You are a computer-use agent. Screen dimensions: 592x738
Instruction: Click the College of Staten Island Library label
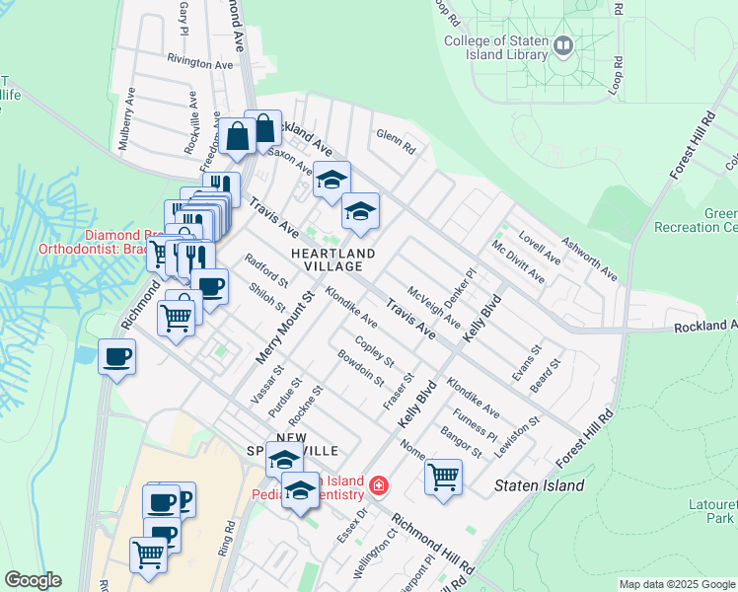coord(495,47)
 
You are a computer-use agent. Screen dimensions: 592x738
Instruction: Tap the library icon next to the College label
coord(563,44)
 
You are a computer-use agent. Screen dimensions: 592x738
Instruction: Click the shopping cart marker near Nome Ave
coord(443,478)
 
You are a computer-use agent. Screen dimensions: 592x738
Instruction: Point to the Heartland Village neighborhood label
coord(333,260)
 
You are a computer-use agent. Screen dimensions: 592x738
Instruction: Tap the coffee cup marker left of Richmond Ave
coord(117,357)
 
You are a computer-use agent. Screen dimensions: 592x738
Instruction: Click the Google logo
coord(33,580)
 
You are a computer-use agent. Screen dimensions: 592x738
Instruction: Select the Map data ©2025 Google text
coord(677,584)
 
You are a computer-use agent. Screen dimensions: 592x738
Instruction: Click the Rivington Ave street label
coord(200,63)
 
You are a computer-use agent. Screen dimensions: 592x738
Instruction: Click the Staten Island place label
coord(539,485)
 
